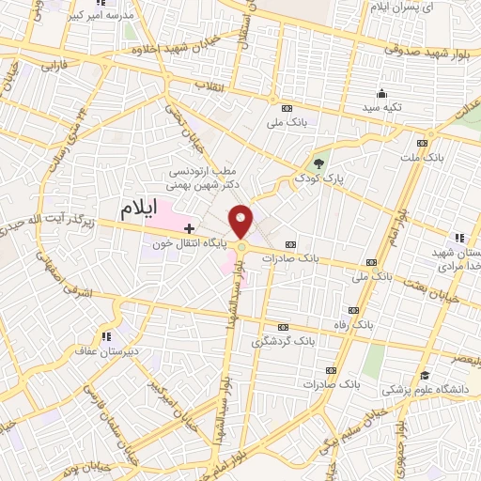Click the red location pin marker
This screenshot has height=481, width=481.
(x=240, y=221)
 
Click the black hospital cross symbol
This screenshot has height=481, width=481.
(x=189, y=228)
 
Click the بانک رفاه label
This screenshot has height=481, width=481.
(x=353, y=324)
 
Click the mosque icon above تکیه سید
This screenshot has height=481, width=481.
(x=382, y=93)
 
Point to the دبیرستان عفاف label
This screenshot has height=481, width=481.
(x=109, y=351)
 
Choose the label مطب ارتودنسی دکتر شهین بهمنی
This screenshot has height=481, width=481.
(x=207, y=179)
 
